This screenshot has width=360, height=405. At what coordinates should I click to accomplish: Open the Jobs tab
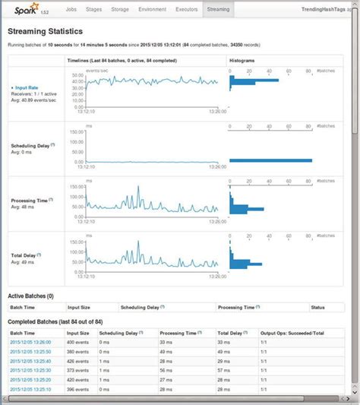tap(71, 11)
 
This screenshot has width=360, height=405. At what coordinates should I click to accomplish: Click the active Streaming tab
tap(219, 11)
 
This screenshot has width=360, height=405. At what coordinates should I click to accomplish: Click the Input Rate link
tap(28, 88)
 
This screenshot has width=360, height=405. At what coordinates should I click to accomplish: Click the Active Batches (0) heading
tap(31, 296)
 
